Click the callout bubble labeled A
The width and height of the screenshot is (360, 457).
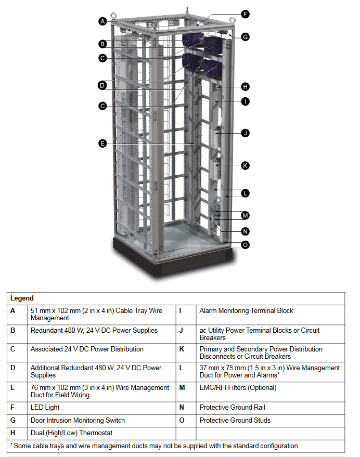[x=102, y=21]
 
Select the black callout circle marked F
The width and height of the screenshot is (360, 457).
[x=245, y=14]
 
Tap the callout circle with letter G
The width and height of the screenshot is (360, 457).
[x=245, y=37]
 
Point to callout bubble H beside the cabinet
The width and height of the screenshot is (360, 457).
[x=245, y=87]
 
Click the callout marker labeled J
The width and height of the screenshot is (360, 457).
[x=245, y=133]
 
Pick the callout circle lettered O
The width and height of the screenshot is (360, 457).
[x=245, y=244]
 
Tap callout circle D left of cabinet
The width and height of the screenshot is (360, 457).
[x=102, y=85]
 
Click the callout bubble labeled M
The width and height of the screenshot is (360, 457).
[x=245, y=215]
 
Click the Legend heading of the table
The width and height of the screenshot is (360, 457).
[x=22, y=298]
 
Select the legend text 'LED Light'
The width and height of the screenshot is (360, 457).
[x=45, y=407]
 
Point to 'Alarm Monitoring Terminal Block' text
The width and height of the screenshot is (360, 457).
[x=246, y=310]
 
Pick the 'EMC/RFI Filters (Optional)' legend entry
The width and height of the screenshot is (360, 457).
[x=238, y=387]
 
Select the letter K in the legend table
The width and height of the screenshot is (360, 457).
[x=182, y=349]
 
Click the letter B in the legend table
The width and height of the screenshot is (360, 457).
[x=13, y=330]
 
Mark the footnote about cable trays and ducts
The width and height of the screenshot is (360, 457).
[x=155, y=446]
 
